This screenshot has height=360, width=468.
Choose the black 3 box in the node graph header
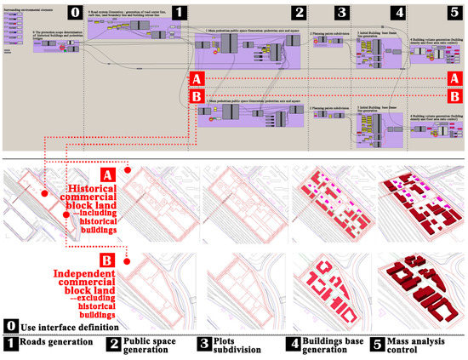(342, 12)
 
